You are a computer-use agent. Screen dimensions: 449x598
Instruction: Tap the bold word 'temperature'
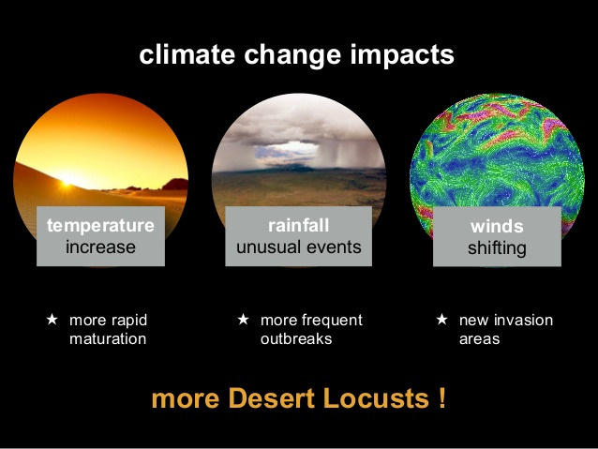100,225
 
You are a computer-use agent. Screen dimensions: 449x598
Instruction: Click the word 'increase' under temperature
100,247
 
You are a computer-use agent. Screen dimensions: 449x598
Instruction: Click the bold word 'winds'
497,227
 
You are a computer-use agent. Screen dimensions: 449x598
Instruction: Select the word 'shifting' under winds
497,248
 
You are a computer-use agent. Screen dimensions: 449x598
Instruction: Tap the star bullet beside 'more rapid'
52,320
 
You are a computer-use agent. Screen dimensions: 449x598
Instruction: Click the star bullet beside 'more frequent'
243,320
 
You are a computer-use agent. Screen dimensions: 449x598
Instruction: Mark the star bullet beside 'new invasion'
441,320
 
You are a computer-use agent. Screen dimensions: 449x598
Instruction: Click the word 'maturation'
108,338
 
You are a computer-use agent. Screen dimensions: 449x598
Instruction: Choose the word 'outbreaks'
296,338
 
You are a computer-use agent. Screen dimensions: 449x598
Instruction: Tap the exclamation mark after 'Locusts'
441,398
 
